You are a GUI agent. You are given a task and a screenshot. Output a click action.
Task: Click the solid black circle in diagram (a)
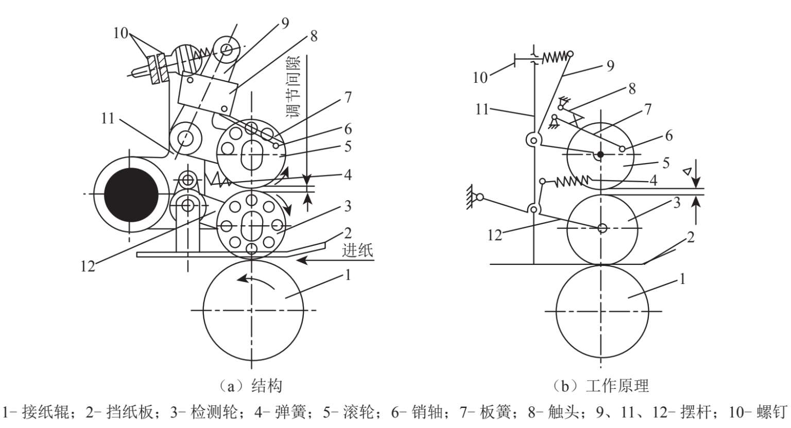[x=131, y=195]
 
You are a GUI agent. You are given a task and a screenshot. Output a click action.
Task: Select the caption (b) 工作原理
[x=600, y=386]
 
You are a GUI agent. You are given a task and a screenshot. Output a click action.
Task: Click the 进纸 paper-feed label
[x=357, y=251]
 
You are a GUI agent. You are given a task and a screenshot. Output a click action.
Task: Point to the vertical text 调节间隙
[x=294, y=86]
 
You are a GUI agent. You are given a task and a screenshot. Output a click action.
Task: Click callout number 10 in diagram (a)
[x=121, y=33]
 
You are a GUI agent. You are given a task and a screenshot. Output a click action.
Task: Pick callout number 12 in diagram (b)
[x=494, y=235]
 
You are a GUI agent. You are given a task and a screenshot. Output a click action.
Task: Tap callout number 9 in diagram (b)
[x=610, y=66]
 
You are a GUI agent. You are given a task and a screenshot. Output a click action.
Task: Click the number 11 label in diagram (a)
[x=108, y=118]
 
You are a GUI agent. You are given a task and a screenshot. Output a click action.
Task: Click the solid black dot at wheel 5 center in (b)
[x=600, y=154]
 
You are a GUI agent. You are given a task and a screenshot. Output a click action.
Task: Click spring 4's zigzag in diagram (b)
[x=572, y=181]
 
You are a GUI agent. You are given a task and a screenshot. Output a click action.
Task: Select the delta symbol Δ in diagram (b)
[x=687, y=171]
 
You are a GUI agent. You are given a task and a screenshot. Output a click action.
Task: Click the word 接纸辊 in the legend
[x=45, y=412]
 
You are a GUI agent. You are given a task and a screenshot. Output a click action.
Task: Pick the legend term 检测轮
[x=213, y=412]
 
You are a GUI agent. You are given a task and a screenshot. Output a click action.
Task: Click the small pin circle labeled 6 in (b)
[x=622, y=149]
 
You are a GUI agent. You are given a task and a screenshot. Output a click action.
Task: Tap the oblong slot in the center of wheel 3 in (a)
[x=251, y=226]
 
